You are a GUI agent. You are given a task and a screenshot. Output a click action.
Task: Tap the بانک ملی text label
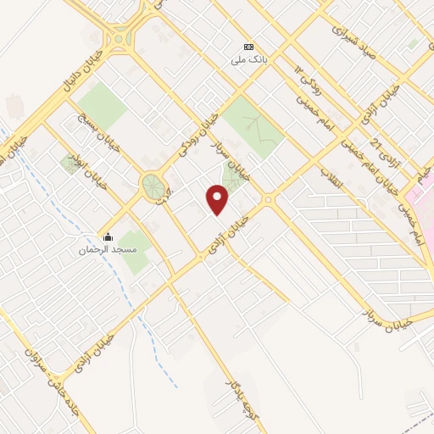click(x=250, y=60)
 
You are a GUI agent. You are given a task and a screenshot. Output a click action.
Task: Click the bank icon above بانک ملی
click(x=248, y=47)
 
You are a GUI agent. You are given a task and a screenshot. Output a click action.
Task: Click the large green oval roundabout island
click(x=153, y=187)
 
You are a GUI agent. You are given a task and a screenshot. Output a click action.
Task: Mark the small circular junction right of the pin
click(x=269, y=201)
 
